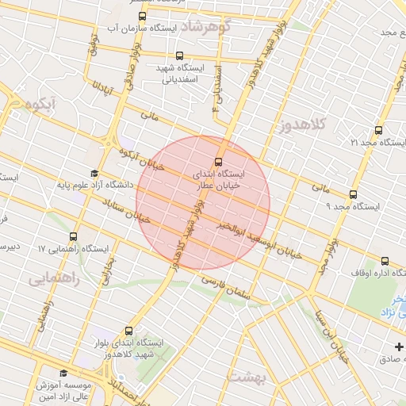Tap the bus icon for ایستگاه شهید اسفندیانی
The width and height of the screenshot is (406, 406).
180,56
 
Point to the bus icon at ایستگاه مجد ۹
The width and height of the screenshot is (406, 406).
353,193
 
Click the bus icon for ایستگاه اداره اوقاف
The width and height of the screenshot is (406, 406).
385,260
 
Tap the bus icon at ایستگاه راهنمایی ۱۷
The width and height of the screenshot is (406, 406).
74,236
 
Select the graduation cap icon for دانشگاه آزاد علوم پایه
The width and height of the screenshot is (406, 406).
94,173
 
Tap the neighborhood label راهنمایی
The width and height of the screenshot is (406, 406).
49,279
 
